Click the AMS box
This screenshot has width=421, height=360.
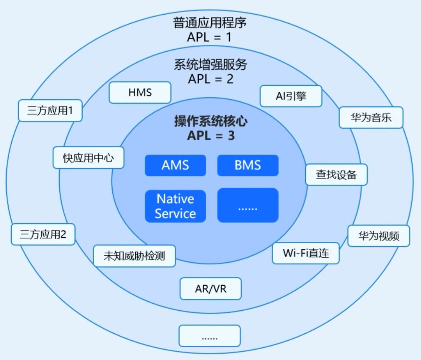(x=175, y=165)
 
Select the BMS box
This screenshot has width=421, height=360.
(x=248, y=165)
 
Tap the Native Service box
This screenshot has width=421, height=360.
(x=175, y=206)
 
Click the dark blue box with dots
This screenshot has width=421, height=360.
(x=248, y=205)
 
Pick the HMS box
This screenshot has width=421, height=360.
(x=140, y=93)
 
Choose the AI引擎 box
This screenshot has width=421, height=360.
(x=291, y=96)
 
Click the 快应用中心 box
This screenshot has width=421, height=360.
(x=89, y=157)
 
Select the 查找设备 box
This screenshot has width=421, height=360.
(x=337, y=175)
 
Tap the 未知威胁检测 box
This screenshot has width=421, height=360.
(x=134, y=256)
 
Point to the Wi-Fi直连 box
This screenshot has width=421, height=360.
(x=306, y=253)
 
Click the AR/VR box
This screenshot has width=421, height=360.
(x=211, y=289)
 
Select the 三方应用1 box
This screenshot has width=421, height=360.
(x=50, y=111)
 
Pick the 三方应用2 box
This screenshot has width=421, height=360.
(x=43, y=234)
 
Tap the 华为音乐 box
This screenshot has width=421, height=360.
(x=371, y=118)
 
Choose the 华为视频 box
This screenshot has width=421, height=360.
(x=378, y=236)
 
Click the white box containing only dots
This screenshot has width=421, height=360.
(x=210, y=336)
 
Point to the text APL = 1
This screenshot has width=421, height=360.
(x=209, y=37)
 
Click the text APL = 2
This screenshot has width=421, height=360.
(x=210, y=79)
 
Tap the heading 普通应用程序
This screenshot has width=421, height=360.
(x=210, y=23)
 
